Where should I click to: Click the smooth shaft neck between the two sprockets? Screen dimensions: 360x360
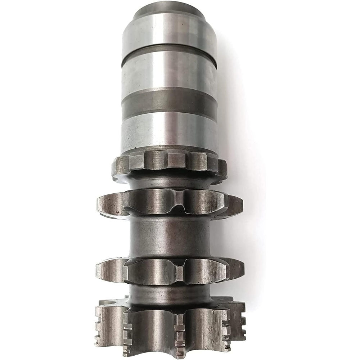[169, 236]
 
